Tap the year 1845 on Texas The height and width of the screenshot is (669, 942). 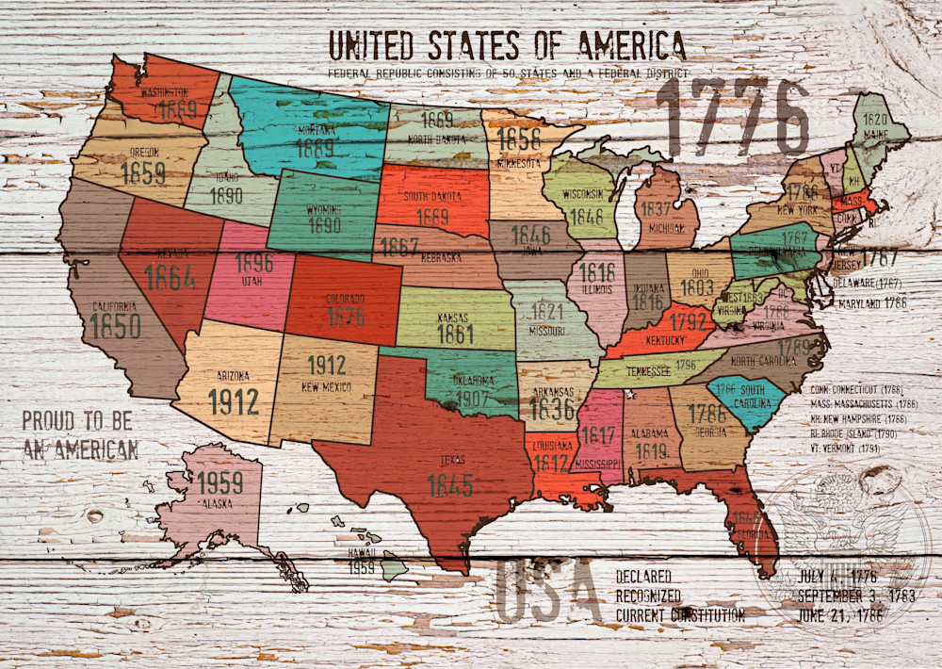click(x=449, y=485)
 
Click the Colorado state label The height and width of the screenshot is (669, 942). click(x=345, y=299)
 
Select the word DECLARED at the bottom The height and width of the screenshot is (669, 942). click(x=644, y=576)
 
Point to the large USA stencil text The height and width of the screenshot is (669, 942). click(x=546, y=592)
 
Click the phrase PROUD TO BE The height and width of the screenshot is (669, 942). click(x=77, y=421)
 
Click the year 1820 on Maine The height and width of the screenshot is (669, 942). click(x=876, y=120)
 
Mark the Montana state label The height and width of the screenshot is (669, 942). click(x=317, y=133)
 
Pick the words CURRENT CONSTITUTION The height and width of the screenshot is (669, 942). click(x=680, y=615)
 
